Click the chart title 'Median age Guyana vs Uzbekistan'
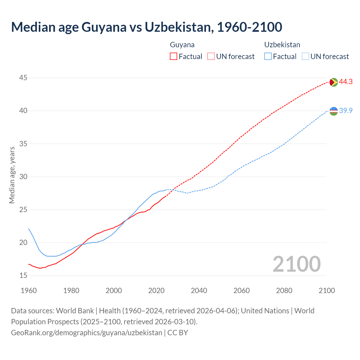coord(146,27)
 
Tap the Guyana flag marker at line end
coord(333,82)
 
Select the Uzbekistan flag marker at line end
coord(333,111)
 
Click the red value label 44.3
coord(346,82)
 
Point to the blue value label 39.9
coord(346,111)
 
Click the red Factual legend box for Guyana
coord(174,56)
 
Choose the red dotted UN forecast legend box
coord(211,56)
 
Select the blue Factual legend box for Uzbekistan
coord(268,56)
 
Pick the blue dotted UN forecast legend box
coord(305,56)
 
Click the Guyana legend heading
coord(182,45)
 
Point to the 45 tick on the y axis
coord(23,78)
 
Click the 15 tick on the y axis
coord(23,275)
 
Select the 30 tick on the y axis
coord(23,177)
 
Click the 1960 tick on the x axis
coord(29,291)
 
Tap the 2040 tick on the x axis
coord(199,291)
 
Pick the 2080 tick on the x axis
coord(284,291)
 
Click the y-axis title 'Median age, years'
coord(12,175)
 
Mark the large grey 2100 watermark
coord(296,264)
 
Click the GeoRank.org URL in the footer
coord(87,332)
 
